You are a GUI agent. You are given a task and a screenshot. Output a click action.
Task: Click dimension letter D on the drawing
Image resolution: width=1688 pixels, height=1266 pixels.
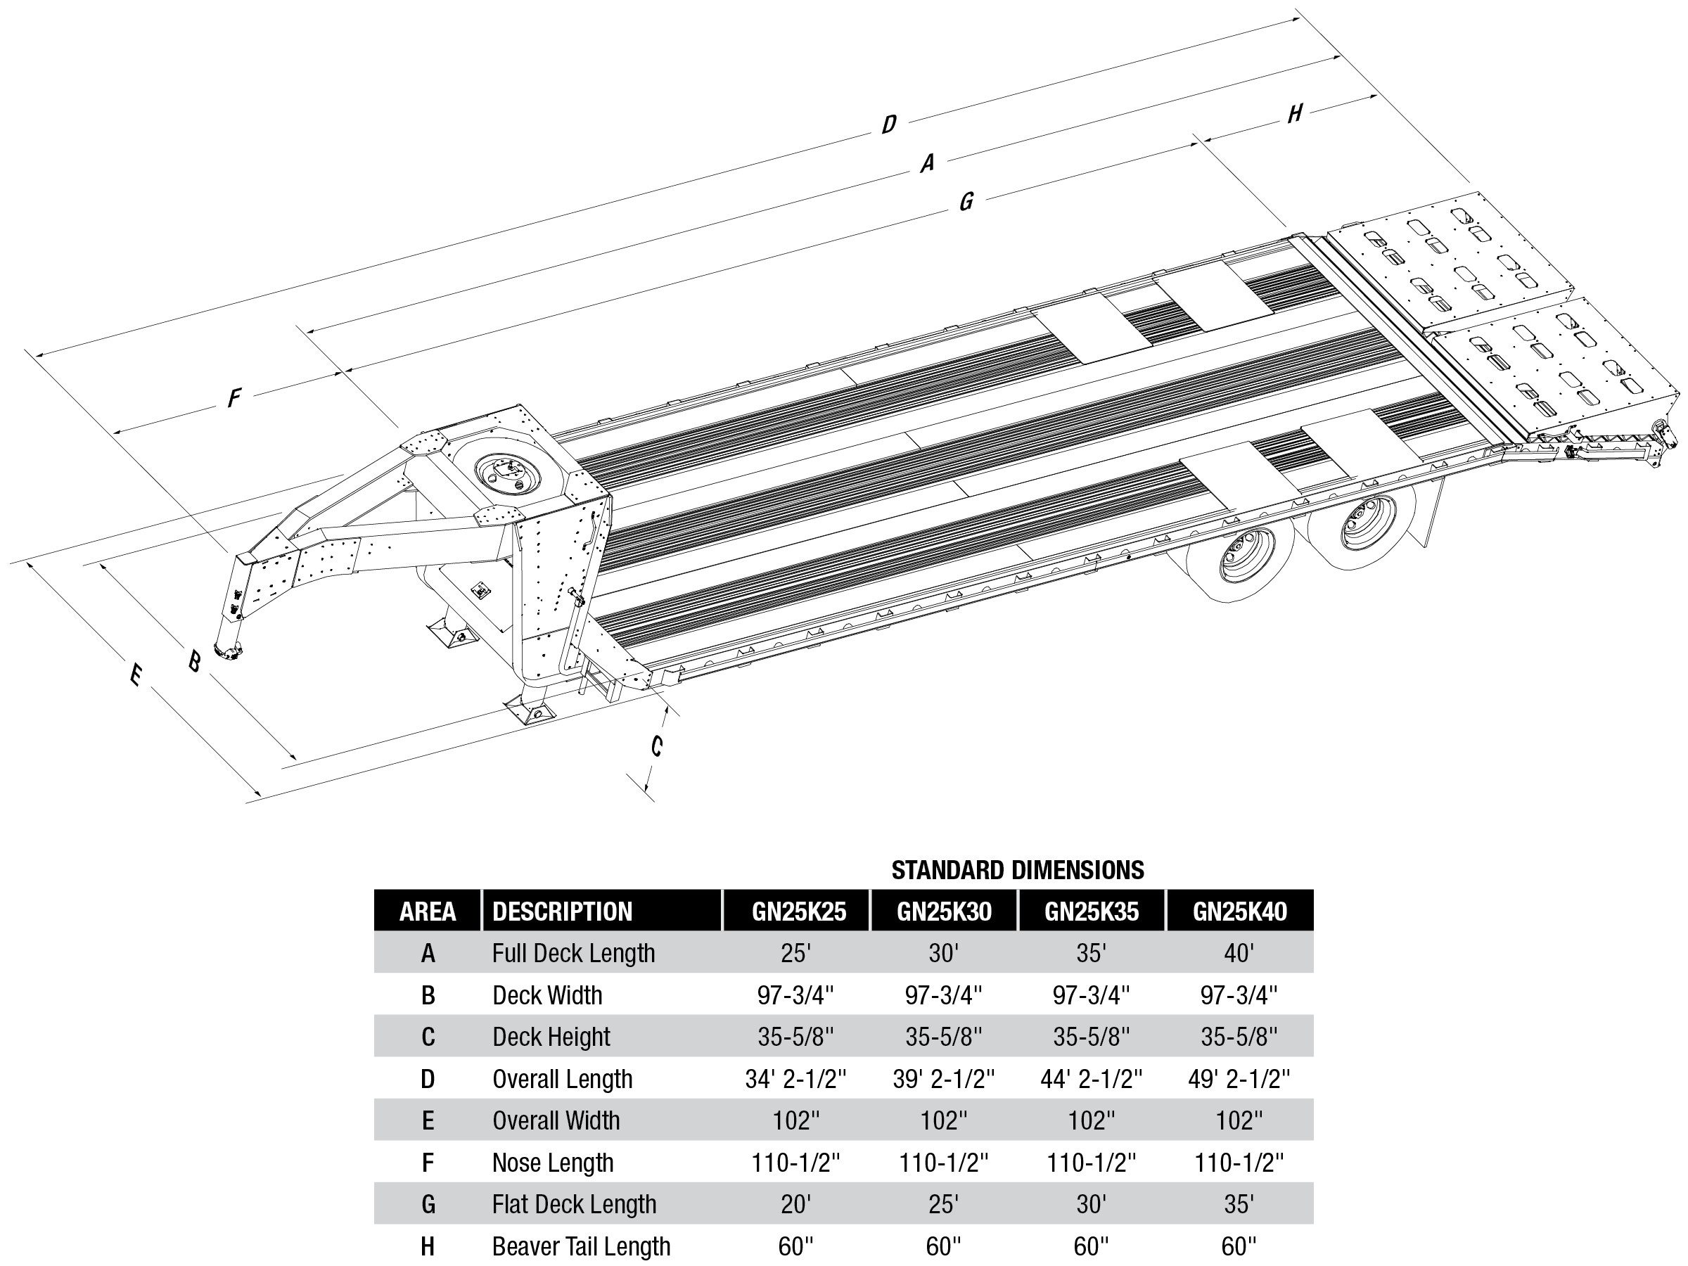[x=888, y=124]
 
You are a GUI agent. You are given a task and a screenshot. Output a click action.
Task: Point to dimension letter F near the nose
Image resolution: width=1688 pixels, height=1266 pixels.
[x=234, y=397]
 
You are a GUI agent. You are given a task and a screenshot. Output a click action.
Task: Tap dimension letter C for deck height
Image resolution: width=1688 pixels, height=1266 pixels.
[x=656, y=746]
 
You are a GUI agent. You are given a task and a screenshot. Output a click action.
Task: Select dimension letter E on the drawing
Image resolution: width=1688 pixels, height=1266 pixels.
[x=135, y=674]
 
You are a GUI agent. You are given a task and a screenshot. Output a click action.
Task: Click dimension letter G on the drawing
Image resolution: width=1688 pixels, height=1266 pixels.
[x=966, y=201]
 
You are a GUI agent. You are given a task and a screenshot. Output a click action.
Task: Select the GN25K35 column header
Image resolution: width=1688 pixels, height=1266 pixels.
[x=1092, y=911]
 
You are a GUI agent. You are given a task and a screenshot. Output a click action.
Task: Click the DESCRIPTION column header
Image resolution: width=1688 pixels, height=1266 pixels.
[x=563, y=911]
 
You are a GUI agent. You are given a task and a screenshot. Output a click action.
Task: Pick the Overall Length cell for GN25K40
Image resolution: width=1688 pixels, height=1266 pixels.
[x=1239, y=1078]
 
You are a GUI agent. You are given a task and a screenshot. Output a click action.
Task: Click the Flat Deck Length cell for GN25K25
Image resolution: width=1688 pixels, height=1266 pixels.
[x=795, y=1204]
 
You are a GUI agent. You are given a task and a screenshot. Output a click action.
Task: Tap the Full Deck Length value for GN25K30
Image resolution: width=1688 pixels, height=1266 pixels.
[x=943, y=953]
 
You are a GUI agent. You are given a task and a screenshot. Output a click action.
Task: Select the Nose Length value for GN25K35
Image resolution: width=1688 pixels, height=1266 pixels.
[x=1092, y=1162]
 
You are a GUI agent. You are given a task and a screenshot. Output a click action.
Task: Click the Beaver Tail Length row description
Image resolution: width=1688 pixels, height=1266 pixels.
[x=581, y=1246]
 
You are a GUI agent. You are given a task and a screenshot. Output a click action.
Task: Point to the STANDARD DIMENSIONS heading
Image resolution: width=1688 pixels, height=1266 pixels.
[x=1017, y=870]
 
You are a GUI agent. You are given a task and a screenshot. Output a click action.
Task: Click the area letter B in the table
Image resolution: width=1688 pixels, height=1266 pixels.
[x=428, y=995]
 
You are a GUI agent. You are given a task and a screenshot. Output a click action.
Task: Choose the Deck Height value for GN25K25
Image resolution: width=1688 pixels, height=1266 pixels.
[x=795, y=1036]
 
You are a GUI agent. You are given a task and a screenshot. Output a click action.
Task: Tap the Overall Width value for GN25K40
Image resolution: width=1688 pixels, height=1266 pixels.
[x=1239, y=1120]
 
